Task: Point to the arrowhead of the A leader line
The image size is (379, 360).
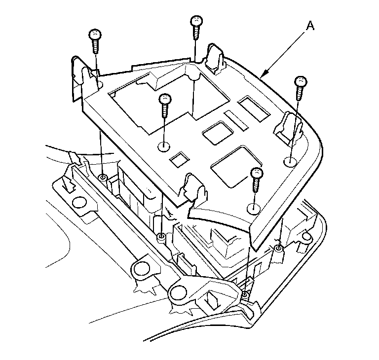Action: tap(263, 77)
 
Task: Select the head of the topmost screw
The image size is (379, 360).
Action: tap(196, 21)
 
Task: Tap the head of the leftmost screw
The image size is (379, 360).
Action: tap(94, 35)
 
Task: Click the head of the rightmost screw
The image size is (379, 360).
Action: tap(301, 81)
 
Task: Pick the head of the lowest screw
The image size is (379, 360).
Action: tap(257, 173)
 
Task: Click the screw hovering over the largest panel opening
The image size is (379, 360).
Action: tap(165, 100)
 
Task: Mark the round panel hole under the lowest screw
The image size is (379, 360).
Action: tap(253, 208)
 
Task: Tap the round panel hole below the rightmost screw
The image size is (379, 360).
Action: tap(290, 161)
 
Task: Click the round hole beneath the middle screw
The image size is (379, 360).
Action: tap(164, 146)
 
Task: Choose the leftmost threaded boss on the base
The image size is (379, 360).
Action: tap(103, 178)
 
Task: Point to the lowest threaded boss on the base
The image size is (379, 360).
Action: tap(245, 294)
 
